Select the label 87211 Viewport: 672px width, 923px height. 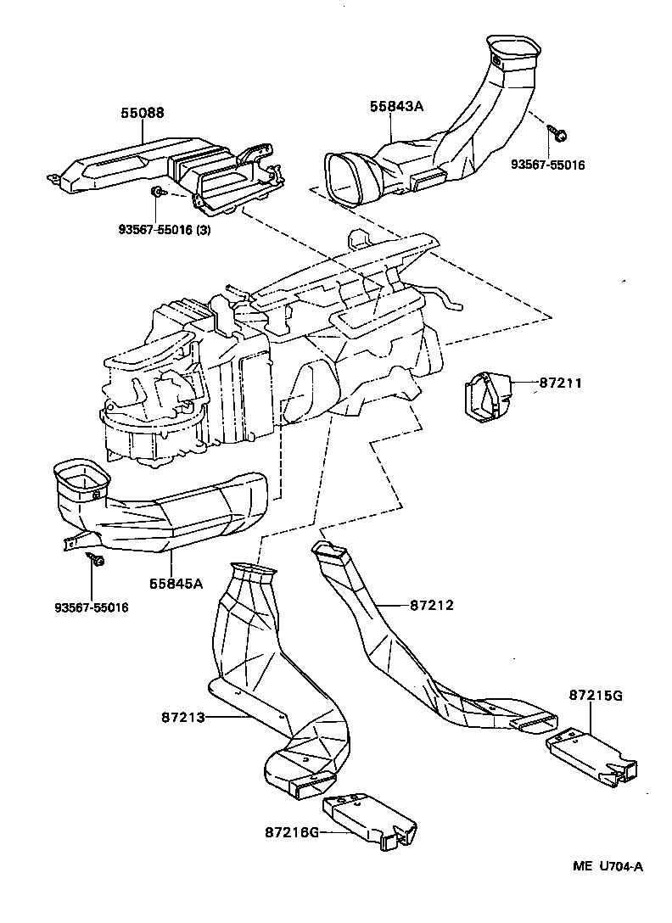[561, 383]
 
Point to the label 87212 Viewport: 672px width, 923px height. [432, 606]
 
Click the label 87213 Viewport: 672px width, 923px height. [183, 717]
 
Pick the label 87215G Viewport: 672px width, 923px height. [596, 696]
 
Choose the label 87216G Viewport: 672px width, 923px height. [291, 832]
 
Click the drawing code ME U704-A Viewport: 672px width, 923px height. [608, 866]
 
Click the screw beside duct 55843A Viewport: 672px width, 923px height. [561, 133]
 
